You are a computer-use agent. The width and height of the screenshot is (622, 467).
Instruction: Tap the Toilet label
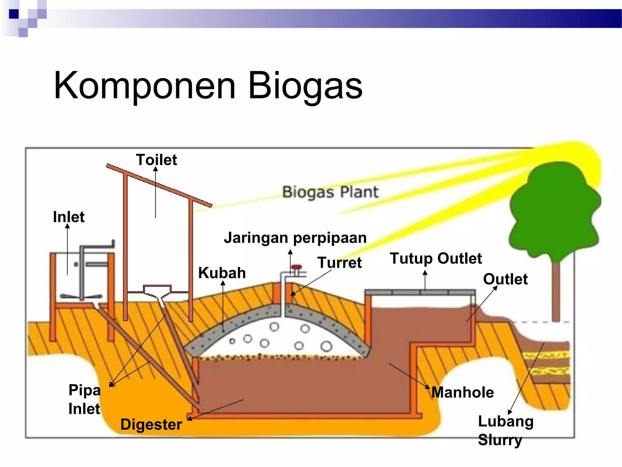point(156,160)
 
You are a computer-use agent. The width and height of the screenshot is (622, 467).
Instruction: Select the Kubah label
point(222,273)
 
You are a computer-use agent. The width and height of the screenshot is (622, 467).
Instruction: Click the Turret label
point(340,263)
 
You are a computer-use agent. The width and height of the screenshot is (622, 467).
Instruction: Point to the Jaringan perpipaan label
point(295,238)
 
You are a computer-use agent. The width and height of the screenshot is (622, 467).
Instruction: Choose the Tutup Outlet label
point(436,258)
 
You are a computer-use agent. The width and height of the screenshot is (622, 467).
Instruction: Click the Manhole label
point(463,392)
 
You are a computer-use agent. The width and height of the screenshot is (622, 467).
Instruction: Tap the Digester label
point(151,424)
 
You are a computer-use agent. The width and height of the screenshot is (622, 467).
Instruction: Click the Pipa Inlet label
point(84,399)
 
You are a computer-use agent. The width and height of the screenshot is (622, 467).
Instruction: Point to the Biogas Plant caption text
point(330,192)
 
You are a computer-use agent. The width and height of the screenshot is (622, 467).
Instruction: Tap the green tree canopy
point(555,210)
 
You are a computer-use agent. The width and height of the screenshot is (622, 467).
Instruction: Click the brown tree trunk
point(556,292)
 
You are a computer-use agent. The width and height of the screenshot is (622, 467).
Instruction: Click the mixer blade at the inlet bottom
point(81,296)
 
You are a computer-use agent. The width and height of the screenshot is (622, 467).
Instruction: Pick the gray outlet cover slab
point(420,292)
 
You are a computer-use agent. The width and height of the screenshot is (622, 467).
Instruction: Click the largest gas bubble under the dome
point(326,346)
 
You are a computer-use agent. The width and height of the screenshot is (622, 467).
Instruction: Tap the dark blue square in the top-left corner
point(14,14)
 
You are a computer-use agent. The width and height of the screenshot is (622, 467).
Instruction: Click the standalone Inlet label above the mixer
point(69,217)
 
